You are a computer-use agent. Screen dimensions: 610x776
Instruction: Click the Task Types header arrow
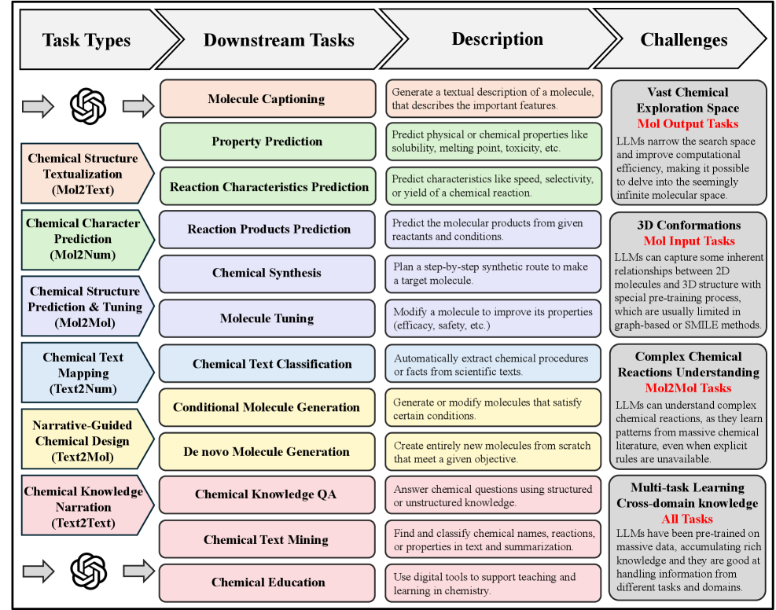point(86,40)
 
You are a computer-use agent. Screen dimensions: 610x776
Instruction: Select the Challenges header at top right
point(683,40)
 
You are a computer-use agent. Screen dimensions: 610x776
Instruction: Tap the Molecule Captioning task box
point(266,99)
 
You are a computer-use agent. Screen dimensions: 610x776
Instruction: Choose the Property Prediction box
point(266,141)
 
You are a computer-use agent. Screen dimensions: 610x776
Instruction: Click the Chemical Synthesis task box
point(266,273)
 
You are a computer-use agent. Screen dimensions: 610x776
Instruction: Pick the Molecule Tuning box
point(266,318)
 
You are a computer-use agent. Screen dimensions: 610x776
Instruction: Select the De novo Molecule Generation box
point(266,451)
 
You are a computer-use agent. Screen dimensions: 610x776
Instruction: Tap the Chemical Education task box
point(266,582)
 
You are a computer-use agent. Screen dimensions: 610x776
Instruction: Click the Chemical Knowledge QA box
point(266,494)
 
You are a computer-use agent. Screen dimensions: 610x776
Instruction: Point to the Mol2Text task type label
point(83,174)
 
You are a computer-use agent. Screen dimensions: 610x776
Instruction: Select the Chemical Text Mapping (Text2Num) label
point(83,373)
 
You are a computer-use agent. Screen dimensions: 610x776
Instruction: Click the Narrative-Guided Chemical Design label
point(83,440)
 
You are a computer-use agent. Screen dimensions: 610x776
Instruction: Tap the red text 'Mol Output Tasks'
point(688,124)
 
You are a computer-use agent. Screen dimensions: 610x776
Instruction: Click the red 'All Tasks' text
point(688,519)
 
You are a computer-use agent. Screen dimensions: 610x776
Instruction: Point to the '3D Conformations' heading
point(688,226)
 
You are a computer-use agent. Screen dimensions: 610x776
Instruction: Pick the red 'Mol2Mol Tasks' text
point(688,388)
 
